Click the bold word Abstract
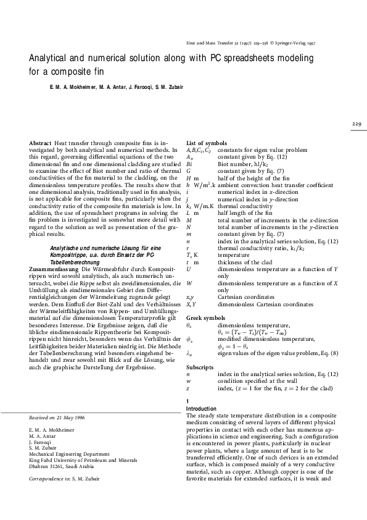coord(39,143)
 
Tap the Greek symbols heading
coord(205,317)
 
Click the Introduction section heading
coord(201,409)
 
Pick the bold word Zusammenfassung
coord(54,269)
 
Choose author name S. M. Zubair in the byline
coord(166,86)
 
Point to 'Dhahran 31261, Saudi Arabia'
coord(63,467)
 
